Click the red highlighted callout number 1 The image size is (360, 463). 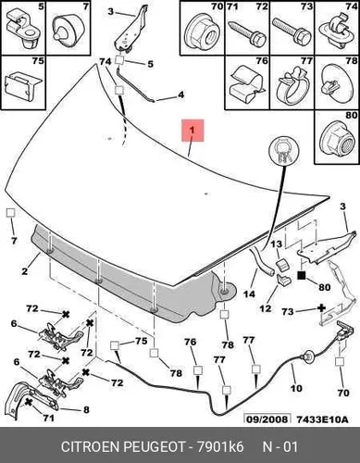coord(192,131)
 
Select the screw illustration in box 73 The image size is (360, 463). coord(291,31)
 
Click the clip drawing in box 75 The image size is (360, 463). coord(23,86)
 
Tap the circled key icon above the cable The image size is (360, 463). coord(284,152)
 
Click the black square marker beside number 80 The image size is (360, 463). coord(302,275)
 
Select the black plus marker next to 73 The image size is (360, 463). coord(321,308)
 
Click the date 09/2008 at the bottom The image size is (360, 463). coord(267,419)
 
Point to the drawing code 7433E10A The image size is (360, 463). coord(322,419)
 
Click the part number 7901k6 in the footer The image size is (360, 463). coord(217,447)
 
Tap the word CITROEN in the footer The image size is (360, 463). coord(90,447)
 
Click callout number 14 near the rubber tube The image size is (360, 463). coord(249,294)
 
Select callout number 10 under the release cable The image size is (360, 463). coord(296,388)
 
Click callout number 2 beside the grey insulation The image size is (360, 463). coord(25,271)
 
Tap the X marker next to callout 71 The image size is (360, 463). coord(29,402)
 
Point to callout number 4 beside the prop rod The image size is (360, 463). coord(180,94)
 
